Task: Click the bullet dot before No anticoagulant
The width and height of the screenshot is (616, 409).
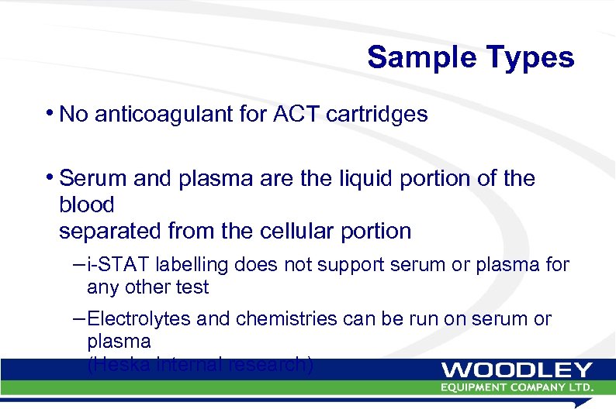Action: pyautogui.click(x=51, y=113)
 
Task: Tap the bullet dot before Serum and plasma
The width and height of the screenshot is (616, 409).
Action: pyautogui.click(x=51, y=177)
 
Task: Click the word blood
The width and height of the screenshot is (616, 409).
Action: pyautogui.click(x=86, y=204)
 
